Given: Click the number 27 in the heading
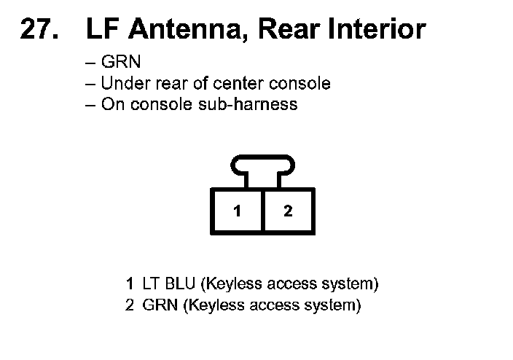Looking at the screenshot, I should point(36,29).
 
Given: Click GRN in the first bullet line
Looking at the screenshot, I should point(121,63).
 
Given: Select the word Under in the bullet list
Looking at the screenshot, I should point(122,83).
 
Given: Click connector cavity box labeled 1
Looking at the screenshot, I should point(237,211).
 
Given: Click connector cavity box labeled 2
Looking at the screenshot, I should point(289,211).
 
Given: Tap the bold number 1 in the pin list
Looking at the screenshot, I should point(129,283).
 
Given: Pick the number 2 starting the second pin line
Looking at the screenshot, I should point(129,305).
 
